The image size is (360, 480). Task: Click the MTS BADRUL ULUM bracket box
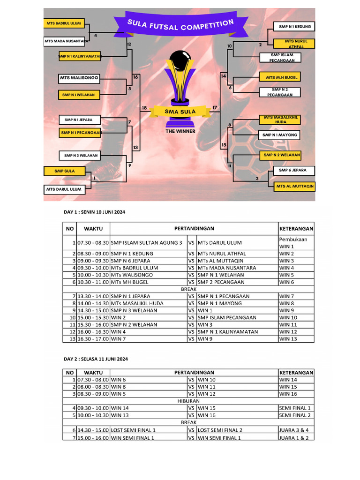63,23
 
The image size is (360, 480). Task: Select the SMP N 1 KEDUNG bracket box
294,27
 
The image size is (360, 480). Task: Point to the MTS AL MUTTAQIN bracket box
294,186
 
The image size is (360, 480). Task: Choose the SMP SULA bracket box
64,171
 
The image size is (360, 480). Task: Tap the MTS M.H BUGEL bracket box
281,77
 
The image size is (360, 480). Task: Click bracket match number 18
144,108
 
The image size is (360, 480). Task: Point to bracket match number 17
215,108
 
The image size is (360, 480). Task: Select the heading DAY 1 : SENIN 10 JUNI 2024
95,212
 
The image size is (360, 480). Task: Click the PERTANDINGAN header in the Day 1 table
194,229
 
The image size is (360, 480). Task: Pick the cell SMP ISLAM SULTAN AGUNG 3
147,243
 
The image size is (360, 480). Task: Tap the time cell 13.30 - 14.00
93,296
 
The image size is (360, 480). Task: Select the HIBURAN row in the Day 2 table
188,401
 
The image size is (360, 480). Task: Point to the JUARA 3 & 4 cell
294,430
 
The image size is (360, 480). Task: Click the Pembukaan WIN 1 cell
296,243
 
